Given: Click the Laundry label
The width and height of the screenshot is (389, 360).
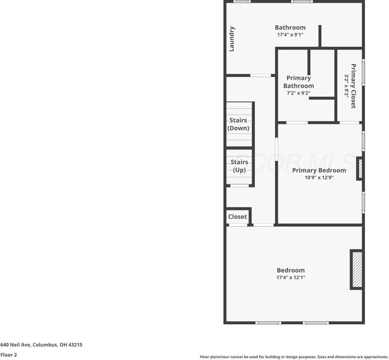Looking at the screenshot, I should [x=232, y=39].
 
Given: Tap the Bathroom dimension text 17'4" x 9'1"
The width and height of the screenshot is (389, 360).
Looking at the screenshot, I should [x=290, y=35].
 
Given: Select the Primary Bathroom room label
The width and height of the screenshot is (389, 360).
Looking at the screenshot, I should [x=299, y=82].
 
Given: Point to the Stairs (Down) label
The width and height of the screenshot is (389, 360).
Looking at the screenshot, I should [x=238, y=124].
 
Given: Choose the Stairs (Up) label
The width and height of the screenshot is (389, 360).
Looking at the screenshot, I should [x=239, y=166].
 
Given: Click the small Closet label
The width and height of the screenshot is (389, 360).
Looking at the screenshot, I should [x=238, y=217].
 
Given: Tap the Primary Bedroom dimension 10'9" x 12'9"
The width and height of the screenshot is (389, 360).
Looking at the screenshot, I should [x=319, y=178].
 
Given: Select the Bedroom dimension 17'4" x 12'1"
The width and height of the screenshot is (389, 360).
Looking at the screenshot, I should [x=290, y=278].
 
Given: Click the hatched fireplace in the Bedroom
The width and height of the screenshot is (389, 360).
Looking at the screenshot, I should [x=357, y=270].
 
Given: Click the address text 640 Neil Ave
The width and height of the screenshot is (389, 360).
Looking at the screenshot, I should [x=41, y=345].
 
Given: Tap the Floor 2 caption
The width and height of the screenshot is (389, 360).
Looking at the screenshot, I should [x=9, y=355].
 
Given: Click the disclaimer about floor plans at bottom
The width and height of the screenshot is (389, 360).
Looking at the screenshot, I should [x=294, y=357].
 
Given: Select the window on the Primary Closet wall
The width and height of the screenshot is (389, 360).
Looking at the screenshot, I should [x=363, y=72].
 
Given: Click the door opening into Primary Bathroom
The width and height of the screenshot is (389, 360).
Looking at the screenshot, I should [x=297, y=122].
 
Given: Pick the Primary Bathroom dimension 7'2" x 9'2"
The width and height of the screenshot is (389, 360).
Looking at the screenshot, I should [x=299, y=93].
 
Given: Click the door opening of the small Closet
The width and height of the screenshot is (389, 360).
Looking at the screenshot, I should [x=238, y=225].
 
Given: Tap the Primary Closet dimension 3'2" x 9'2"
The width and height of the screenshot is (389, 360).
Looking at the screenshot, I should [x=347, y=86].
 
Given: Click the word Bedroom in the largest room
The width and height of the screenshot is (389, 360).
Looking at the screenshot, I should [x=290, y=270].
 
